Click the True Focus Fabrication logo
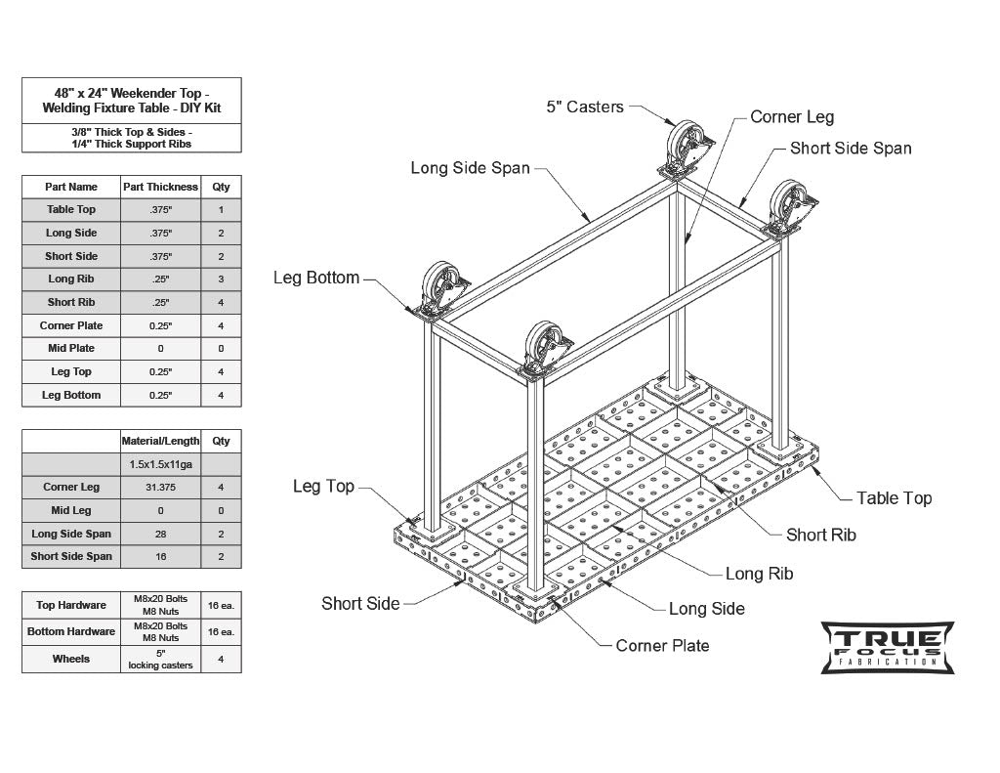887,647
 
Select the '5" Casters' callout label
584,107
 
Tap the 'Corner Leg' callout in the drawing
792,117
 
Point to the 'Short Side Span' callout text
851,149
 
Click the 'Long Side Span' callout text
470,168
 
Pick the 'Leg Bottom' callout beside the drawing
316,278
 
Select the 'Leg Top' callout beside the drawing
323,487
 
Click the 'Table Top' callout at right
894,498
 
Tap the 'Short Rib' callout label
820,535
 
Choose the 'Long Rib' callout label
759,574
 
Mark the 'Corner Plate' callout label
662,646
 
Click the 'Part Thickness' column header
160,187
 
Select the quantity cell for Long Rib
221,279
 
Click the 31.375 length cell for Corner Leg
160,487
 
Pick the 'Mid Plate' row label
71,349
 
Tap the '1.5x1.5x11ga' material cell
160,464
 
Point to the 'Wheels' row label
71,660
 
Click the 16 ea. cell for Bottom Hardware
221,632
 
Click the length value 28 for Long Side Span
160,534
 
